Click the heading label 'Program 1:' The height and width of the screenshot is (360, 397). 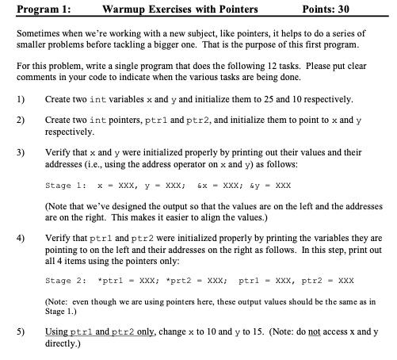[34, 10]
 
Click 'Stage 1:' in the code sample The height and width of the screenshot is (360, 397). [66, 185]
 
